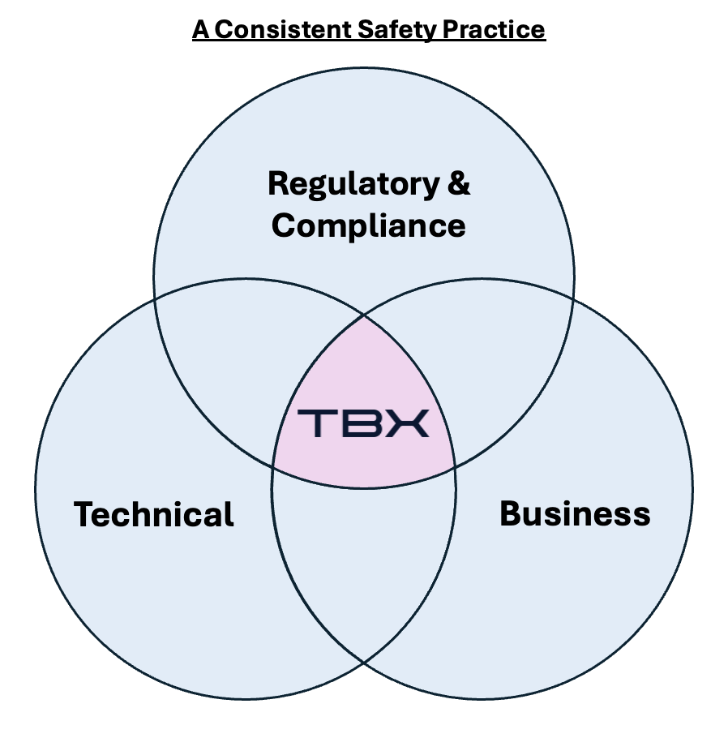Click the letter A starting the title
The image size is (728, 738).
[200, 30]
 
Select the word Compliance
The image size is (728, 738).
[369, 225]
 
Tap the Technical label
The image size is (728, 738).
[154, 514]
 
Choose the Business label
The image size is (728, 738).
[575, 513]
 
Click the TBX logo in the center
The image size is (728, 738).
[363, 423]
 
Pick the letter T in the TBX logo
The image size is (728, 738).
[315, 423]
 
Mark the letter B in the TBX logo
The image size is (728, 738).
[362, 423]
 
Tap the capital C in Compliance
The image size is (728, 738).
[283, 225]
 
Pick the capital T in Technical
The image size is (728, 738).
[84, 514]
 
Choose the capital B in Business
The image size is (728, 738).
[510, 513]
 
